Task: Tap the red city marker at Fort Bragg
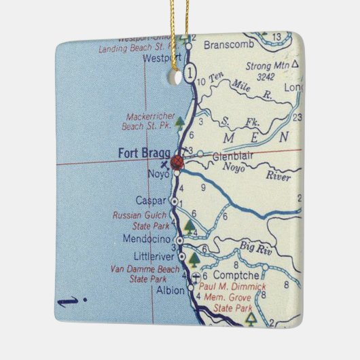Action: [x=178, y=162]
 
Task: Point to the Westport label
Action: [x=161, y=58]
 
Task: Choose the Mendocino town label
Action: [x=148, y=240]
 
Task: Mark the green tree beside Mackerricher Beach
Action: [x=179, y=122]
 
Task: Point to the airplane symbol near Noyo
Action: [x=162, y=165]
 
